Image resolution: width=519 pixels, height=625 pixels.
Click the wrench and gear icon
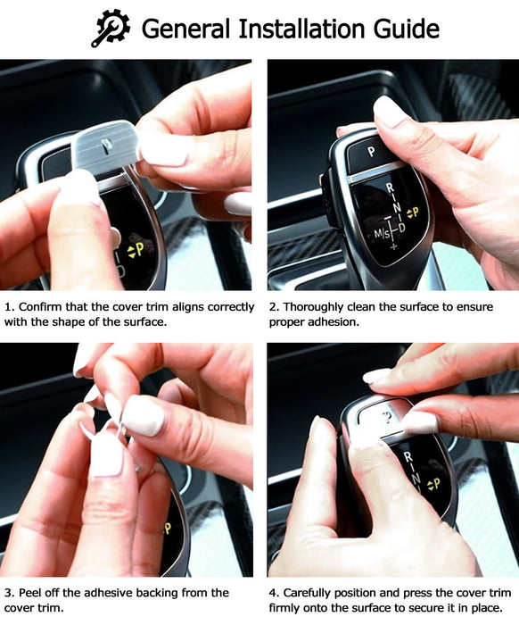click(111, 29)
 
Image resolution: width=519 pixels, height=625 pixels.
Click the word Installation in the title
click(302, 29)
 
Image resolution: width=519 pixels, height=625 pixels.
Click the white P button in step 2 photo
click(371, 152)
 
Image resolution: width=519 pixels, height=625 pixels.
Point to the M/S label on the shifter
click(382, 234)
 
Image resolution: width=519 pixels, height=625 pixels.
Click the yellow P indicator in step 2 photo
click(413, 212)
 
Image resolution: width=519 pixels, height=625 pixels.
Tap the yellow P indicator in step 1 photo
click(136, 250)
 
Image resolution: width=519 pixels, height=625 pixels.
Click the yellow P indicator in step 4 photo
click(433, 484)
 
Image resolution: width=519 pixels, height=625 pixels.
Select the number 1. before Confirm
click(10, 307)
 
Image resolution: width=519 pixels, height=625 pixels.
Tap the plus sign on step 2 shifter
click(393, 246)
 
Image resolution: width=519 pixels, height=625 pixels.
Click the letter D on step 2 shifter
click(401, 228)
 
